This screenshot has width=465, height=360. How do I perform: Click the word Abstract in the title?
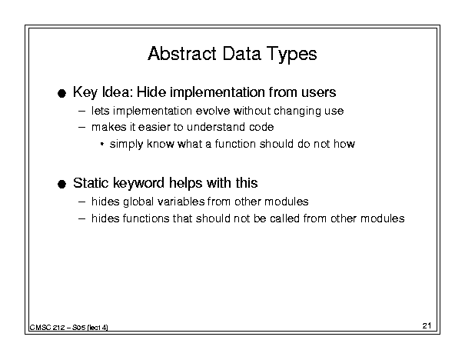pos(182,54)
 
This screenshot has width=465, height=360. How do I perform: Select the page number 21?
pos(427,326)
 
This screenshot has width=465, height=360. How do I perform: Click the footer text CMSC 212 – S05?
pos(58,328)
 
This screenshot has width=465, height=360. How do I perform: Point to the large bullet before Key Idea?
pos(61,94)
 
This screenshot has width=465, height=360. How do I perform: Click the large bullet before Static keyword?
pos(61,185)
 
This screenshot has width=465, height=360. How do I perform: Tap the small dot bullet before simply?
pos(102,145)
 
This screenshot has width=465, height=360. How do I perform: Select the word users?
pos(319,92)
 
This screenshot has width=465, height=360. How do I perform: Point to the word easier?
pos(154,127)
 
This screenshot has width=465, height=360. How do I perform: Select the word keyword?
pos(139,184)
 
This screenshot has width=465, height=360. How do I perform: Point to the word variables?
pos(181,202)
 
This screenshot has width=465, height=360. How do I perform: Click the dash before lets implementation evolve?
pos(81,112)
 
